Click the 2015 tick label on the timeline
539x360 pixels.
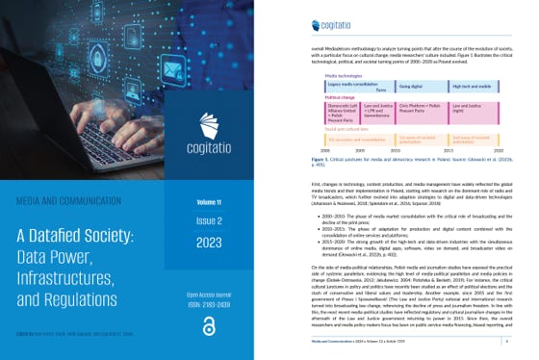click(446, 150)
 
